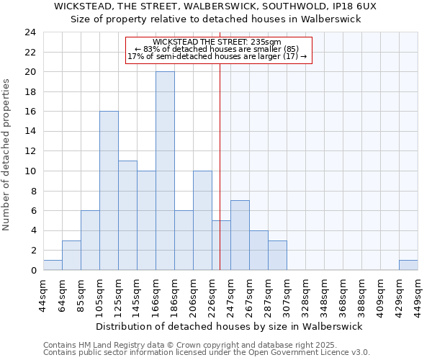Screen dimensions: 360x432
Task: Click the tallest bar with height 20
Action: pos(165,171)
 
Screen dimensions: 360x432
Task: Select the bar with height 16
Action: pos(109,191)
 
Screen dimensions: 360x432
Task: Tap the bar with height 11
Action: pos(127,215)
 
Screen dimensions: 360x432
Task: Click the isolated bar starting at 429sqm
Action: pos(408,265)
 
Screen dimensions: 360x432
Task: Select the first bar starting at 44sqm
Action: pos(53,265)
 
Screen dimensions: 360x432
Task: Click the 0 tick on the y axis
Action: pos(32,271)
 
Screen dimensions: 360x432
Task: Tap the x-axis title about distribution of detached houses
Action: pos(229,326)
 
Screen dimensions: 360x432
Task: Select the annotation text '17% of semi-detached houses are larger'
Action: pos(217,56)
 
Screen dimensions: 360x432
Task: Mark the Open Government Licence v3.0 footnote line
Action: pos(206,353)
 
